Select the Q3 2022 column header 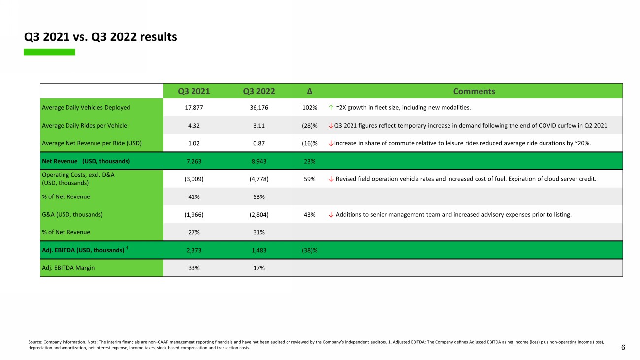coord(259,91)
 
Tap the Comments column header coord(474,91)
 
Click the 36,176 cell coord(259,107)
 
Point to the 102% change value coord(310,107)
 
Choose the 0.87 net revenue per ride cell coord(259,143)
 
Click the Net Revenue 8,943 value coord(259,161)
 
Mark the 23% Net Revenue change coord(310,161)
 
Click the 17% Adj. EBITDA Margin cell coord(259,268)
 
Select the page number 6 coord(623,347)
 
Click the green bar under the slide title coord(49,52)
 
